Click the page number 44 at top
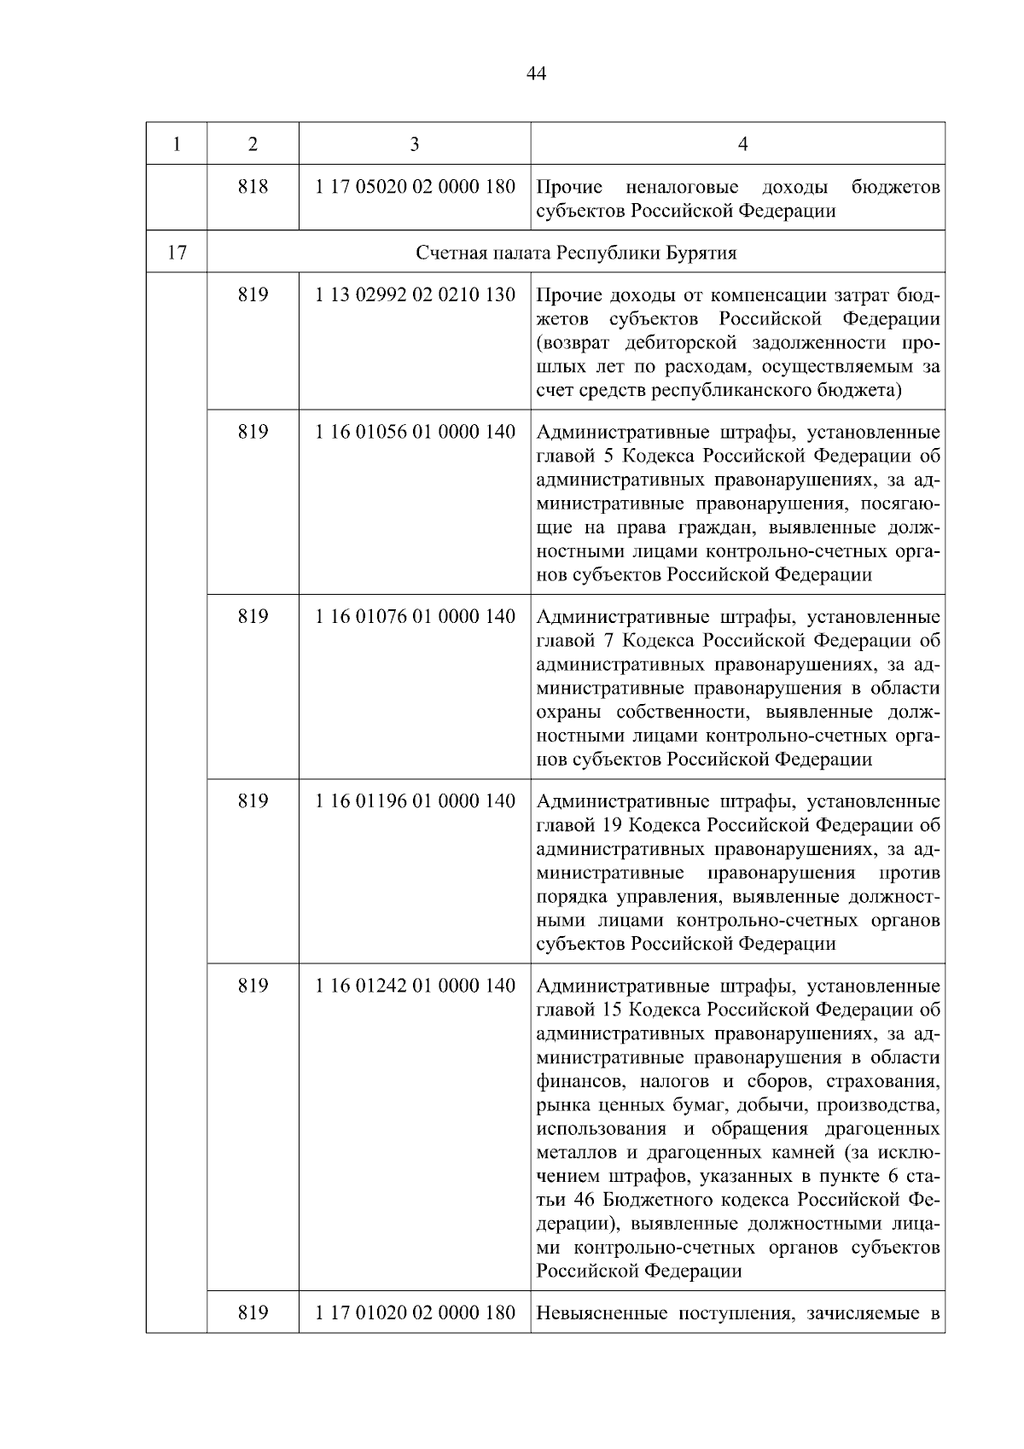pos(537,74)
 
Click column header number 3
pos(415,144)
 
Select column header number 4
pos(742,144)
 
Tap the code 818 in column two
pos(253,186)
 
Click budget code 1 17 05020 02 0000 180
pos(416,186)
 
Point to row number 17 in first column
pos(177,253)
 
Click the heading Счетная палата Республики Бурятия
pos(576,253)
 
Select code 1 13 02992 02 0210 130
pos(416,294)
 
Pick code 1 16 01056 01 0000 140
pos(416,432)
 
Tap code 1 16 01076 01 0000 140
pos(416,616)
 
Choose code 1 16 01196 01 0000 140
pos(416,800)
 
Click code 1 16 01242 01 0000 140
pos(416,986)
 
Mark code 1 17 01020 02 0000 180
pos(416,1312)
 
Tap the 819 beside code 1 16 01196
pos(253,800)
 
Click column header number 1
pos(177,144)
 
